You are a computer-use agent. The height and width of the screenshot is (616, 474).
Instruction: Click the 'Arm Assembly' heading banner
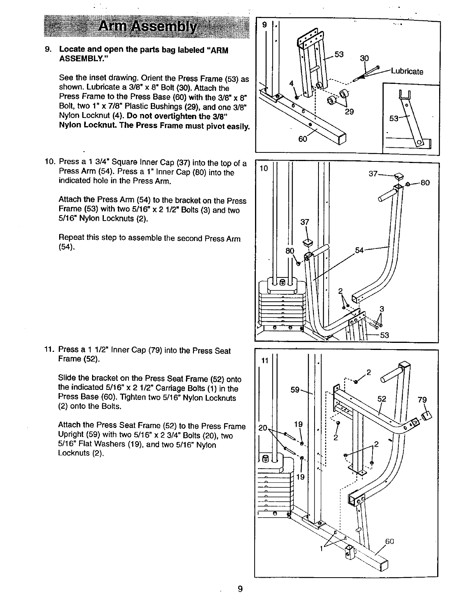[x=147, y=27]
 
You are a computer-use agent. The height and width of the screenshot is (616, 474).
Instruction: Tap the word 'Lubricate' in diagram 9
[x=407, y=71]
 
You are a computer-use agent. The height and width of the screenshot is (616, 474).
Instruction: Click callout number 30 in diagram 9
[x=364, y=58]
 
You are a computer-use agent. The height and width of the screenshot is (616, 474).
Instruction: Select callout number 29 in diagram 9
[x=349, y=112]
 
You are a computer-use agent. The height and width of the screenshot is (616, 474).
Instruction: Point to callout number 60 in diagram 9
[x=302, y=139]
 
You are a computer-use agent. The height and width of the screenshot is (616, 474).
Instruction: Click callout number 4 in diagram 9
[x=291, y=83]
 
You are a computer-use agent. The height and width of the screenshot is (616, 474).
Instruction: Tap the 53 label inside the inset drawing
[x=394, y=118]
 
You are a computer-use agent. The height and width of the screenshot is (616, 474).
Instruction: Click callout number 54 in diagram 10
[x=360, y=250]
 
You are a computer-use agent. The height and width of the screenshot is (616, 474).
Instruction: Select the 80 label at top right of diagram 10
[x=425, y=183]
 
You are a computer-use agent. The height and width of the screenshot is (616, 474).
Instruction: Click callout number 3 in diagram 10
[x=382, y=309]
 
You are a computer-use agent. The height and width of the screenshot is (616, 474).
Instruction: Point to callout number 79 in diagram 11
[x=422, y=400]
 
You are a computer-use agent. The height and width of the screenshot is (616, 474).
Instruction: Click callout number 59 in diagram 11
[x=295, y=390]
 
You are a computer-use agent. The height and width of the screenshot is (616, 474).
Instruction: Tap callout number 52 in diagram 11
[x=382, y=399]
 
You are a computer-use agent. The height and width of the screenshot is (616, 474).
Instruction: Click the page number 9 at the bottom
[x=240, y=589]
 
